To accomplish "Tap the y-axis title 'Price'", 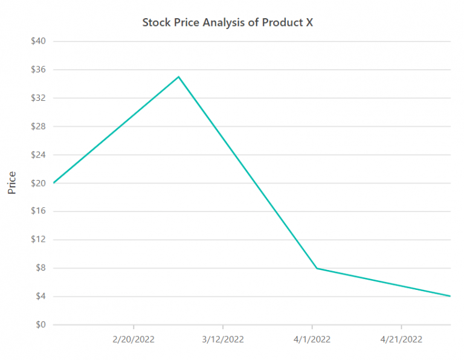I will point(11,182).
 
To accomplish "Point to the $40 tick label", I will point(39,41).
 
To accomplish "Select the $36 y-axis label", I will point(39,69).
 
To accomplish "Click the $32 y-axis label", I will point(39,98).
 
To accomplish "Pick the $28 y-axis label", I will point(39,126).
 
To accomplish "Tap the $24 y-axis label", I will point(39,155).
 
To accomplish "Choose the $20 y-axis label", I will point(39,183).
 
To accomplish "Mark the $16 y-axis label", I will point(39,211).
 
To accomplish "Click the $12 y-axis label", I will point(39,240).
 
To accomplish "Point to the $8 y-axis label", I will point(40,268).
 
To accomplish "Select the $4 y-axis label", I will point(40,297).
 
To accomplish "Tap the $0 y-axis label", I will point(40,325).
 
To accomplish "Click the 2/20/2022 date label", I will point(134,339).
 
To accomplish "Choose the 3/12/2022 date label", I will point(223,339).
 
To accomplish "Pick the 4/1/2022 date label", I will point(312,339).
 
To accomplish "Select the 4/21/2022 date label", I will point(401,339).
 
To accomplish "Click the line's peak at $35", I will point(178,77).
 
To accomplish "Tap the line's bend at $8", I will point(317,268).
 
